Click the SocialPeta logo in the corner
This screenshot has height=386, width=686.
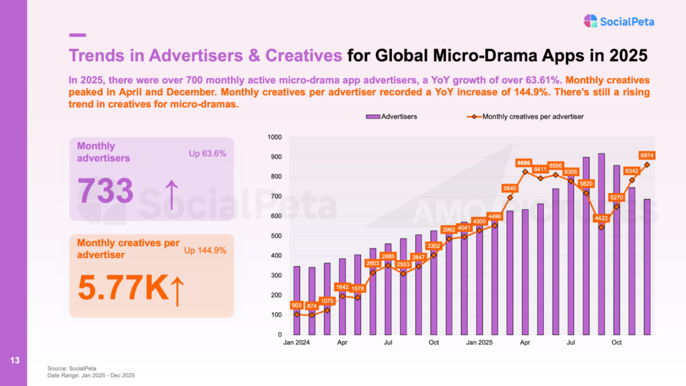coord(618,21)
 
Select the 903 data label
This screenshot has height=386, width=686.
coord(297,305)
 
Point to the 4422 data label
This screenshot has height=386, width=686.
coord(601,217)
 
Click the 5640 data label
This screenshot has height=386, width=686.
coord(510,188)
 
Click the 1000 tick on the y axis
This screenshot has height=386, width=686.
coord(275,137)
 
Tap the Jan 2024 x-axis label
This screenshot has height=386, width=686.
coord(297,343)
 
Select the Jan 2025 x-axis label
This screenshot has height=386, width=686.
coord(480,343)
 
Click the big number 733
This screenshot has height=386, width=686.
coord(106,191)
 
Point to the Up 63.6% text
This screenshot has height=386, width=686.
coord(208,153)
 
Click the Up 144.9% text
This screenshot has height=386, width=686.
coord(205,251)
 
